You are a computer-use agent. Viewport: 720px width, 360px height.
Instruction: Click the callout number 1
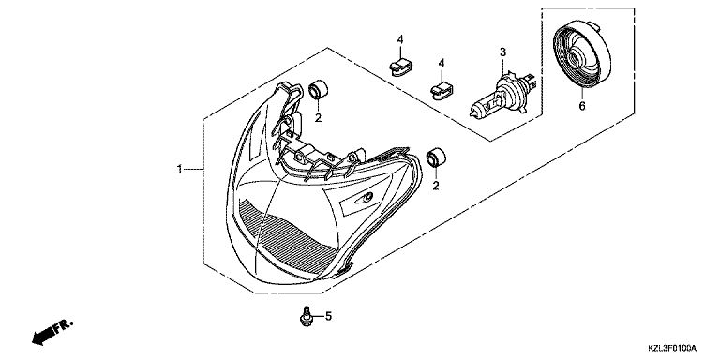pos(180,169)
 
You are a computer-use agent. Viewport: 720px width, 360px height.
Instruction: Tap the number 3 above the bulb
pos(502,52)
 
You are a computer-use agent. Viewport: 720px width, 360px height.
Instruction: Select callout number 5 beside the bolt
pos(328,316)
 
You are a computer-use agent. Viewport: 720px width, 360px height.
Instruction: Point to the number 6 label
pos(582,106)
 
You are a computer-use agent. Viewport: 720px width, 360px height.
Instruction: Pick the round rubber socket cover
pos(582,54)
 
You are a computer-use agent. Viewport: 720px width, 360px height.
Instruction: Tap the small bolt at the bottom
pos(305,317)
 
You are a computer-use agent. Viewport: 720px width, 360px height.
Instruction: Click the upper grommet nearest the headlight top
pos(318,90)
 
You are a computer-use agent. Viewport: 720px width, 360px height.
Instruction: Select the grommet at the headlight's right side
pos(436,157)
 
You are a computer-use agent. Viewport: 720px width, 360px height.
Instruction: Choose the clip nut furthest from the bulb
pos(400,67)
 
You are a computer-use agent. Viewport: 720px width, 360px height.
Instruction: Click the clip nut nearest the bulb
pos(442,90)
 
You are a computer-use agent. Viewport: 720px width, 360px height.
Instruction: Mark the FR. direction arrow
pos(52,333)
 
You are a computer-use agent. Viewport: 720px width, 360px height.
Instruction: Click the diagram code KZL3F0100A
pos(672,348)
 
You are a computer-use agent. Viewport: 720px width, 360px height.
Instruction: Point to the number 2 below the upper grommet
pos(318,118)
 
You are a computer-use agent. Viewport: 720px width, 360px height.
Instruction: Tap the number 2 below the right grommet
pos(435,186)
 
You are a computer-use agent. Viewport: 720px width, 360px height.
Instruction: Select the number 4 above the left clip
pos(400,39)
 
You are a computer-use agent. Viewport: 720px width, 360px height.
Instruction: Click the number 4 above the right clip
pos(442,63)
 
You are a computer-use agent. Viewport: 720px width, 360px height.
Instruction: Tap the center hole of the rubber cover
pos(575,57)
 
